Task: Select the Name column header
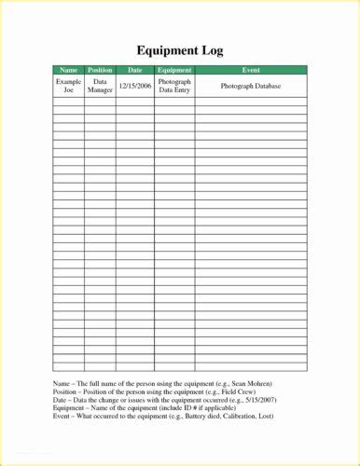coord(69,70)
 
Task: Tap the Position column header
coord(100,70)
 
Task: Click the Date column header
coord(134,70)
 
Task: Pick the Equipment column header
coord(174,70)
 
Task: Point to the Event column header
coord(251,70)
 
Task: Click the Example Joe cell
coord(69,86)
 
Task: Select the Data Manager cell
coord(100,86)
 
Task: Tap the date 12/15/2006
coord(134,86)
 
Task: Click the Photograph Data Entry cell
coord(174,86)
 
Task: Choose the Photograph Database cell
coord(251,86)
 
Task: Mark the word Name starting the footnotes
coord(62,384)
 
